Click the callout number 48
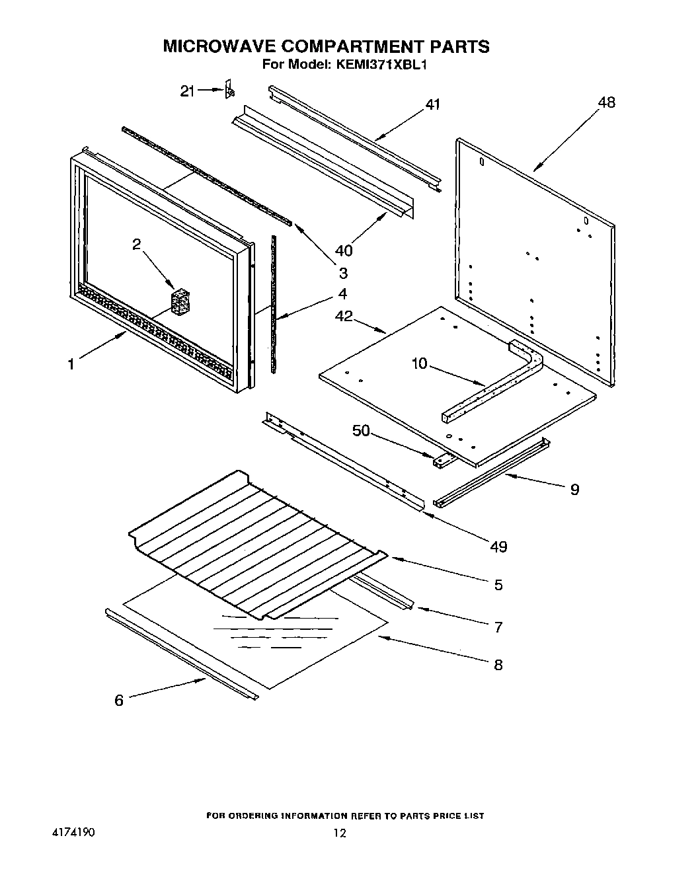606,102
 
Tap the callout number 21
188,91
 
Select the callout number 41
432,104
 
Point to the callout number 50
361,431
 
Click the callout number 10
420,363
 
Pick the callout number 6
119,701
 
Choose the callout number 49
498,547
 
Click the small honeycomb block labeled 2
179,301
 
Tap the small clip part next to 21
229,89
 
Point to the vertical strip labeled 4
274,304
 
